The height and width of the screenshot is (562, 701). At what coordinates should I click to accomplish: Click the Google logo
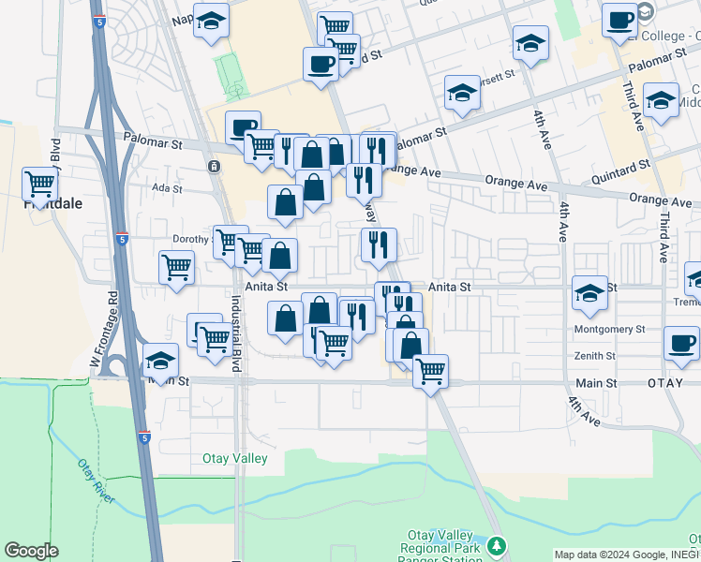31,551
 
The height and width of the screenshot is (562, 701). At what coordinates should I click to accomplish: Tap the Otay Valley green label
235,458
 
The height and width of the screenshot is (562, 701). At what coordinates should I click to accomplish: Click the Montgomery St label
610,329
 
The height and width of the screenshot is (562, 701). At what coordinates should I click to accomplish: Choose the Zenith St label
596,356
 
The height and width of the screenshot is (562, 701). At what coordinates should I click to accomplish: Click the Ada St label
167,187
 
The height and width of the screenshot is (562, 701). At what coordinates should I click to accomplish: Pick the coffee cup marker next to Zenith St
681,343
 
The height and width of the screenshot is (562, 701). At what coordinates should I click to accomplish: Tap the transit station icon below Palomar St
215,167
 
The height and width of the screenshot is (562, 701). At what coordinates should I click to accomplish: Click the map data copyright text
626,555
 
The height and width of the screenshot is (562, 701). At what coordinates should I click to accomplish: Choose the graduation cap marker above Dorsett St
531,43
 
